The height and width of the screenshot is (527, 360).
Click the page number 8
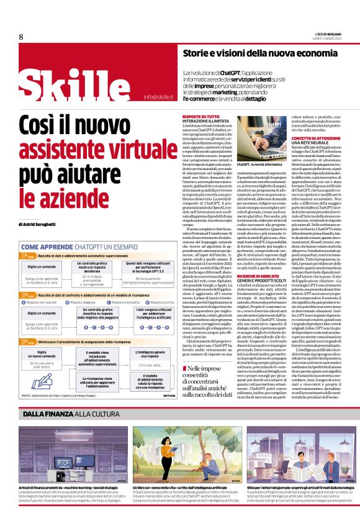coord(20,37)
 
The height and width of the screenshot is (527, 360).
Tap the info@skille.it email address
coord(158,97)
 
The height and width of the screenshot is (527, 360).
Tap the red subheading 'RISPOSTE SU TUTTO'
coord(200,116)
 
